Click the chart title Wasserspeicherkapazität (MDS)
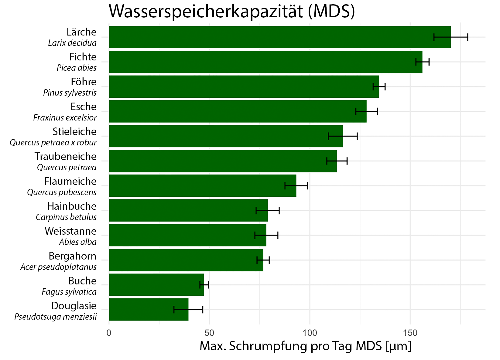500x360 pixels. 232,12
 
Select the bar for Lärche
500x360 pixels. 279,37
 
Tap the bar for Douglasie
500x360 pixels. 149,310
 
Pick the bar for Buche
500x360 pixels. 156,285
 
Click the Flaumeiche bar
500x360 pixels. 203,186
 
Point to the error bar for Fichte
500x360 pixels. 422,62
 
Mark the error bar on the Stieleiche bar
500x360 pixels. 343,136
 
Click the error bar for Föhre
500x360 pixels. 379,87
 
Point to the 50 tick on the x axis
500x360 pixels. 209,333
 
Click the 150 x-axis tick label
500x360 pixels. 410,333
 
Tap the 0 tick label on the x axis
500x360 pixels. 109,333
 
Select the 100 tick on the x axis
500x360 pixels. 310,333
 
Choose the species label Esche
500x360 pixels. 84,107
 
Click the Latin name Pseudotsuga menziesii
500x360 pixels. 56,317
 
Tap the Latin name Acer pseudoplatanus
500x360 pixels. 58,267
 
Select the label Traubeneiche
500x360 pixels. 65,157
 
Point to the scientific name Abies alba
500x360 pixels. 78,242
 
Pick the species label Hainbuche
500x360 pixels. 72,206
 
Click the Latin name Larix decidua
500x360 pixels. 72,43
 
